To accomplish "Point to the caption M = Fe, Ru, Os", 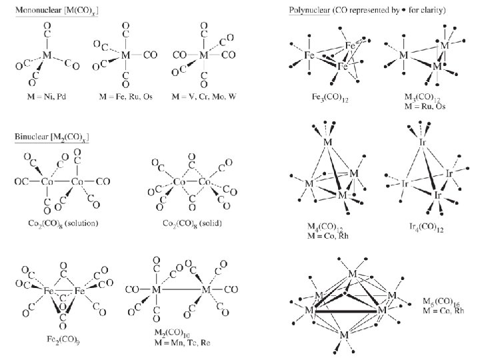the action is click(x=126, y=96).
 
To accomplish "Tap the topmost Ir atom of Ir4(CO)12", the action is click(x=422, y=143).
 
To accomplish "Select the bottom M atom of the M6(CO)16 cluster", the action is click(x=344, y=335).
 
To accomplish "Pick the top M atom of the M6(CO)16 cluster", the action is click(x=353, y=274).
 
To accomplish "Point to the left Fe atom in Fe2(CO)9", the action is click(x=49, y=292).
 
